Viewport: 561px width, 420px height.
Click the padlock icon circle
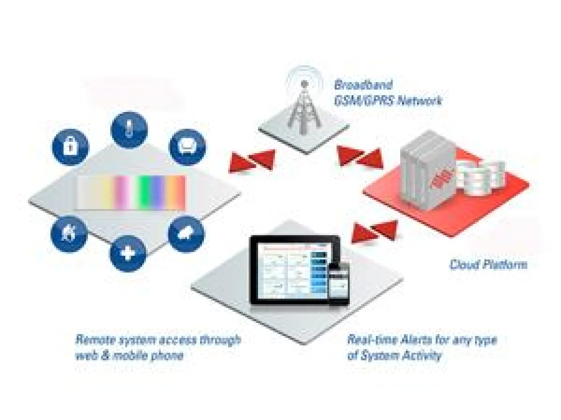coord(70,147)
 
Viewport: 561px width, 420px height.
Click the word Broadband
coord(357,85)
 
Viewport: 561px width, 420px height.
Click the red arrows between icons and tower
coord(252,161)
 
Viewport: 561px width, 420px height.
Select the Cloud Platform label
coord(488,265)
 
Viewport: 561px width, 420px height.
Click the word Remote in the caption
coord(93,339)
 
